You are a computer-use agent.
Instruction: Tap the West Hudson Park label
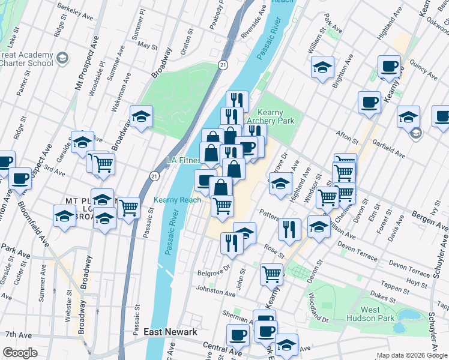378,314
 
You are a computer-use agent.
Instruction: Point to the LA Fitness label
182,160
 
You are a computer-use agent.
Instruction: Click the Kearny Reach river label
177,200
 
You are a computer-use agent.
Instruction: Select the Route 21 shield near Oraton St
223,64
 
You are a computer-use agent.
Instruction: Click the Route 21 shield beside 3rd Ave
154,175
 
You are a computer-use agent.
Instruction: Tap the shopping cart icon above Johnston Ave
271,274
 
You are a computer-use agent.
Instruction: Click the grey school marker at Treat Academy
64,58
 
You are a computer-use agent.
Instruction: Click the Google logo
20,353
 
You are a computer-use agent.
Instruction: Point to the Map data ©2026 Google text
412,355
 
